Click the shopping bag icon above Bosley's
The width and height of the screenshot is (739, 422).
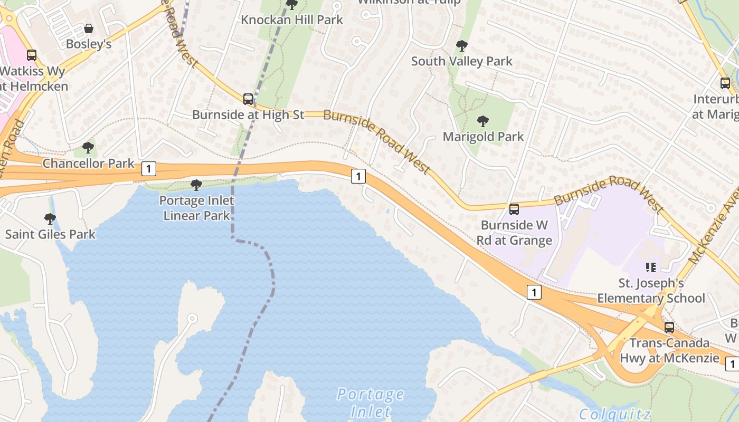click(89, 28)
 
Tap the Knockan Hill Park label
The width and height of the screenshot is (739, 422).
click(292, 20)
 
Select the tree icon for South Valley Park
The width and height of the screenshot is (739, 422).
click(462, 46)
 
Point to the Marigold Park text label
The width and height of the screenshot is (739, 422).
click(483, 137)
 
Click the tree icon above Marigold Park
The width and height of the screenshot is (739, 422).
click(482, 121)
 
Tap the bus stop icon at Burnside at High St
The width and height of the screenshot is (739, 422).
click(248, 99)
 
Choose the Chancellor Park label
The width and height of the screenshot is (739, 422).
click(89, 164)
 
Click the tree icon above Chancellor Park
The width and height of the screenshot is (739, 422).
click(88, 147)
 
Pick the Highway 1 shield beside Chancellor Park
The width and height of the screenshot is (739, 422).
click(149, 169)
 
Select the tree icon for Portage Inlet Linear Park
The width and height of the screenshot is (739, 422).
click(196, 185)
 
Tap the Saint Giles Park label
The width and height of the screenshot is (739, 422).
click(50, 234)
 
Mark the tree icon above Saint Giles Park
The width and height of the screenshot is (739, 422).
click(50, 218)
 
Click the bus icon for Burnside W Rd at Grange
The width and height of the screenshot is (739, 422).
click(514, 209)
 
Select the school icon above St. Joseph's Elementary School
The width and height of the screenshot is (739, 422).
click(651, 267)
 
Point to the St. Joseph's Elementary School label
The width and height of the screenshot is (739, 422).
click(651, 291)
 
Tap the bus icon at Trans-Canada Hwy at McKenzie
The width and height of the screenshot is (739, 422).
click(669, 327)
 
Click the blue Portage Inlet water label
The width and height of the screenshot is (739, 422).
click(371, 402)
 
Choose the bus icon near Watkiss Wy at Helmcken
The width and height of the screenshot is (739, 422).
click(32, 55)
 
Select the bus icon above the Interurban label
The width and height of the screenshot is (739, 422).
click(725, 83)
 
